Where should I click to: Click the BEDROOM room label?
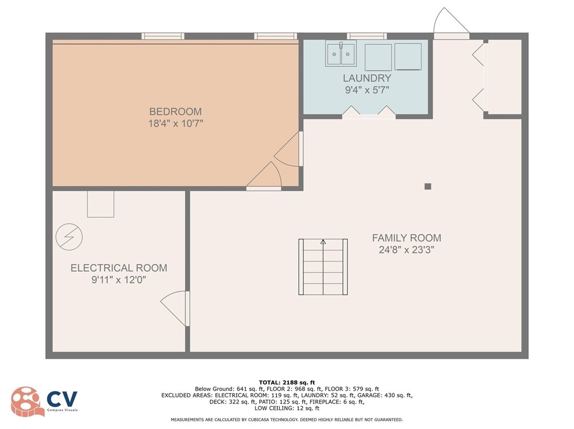[x=175, y=111]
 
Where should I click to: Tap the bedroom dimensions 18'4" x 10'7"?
[x=175, y=123]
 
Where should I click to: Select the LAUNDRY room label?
[x=366, y=78]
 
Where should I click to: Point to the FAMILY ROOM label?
[x=406, y=238]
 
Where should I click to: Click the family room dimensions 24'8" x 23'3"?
[x=406, y=250]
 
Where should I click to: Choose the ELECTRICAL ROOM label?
[x=119, y=268]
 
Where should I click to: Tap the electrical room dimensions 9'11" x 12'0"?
[x=119, y=280]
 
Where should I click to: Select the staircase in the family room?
[x=323, y=267]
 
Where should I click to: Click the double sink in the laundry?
[x=340, y=54]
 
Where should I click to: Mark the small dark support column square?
[x=428, y=186]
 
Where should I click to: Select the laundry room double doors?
[x=369, y=112]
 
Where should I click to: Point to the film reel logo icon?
[x=25, y=401]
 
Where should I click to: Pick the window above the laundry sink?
[x=366, y=36]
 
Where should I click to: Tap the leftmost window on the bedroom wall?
[x=163, y=36]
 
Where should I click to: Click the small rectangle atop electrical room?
[x=100, y=204]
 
